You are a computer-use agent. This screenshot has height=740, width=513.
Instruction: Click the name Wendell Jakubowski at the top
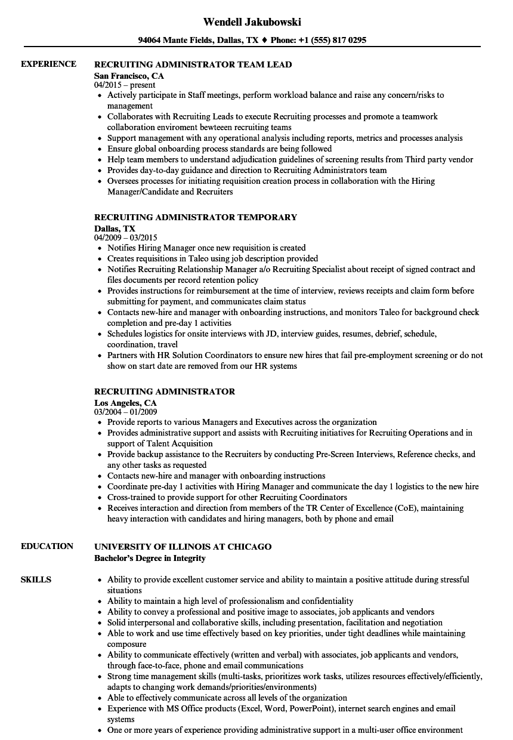coord(252,22)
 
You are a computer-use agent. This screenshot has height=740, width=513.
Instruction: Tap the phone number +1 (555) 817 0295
coord(331,41)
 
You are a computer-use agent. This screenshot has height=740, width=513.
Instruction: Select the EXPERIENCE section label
coord(48,64)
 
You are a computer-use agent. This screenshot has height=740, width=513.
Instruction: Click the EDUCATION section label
coord(47,546)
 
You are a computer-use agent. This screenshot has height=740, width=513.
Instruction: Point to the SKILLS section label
coord(36,579)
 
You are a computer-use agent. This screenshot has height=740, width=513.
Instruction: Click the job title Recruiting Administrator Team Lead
coord(193,64)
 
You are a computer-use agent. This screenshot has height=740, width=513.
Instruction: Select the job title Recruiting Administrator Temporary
coord(196,217)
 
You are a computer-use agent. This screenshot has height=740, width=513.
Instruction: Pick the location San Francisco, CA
coord(129,76)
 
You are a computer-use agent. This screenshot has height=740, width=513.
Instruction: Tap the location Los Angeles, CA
coord(125,403)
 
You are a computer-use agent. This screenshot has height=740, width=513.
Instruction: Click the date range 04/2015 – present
coord(125,85)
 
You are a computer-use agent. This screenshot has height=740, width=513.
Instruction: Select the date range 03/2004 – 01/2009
coord(125,412)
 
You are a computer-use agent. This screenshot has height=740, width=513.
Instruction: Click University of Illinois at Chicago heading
coord(183,547)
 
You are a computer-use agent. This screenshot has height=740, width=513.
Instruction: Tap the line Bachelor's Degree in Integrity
coord(150,559)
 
